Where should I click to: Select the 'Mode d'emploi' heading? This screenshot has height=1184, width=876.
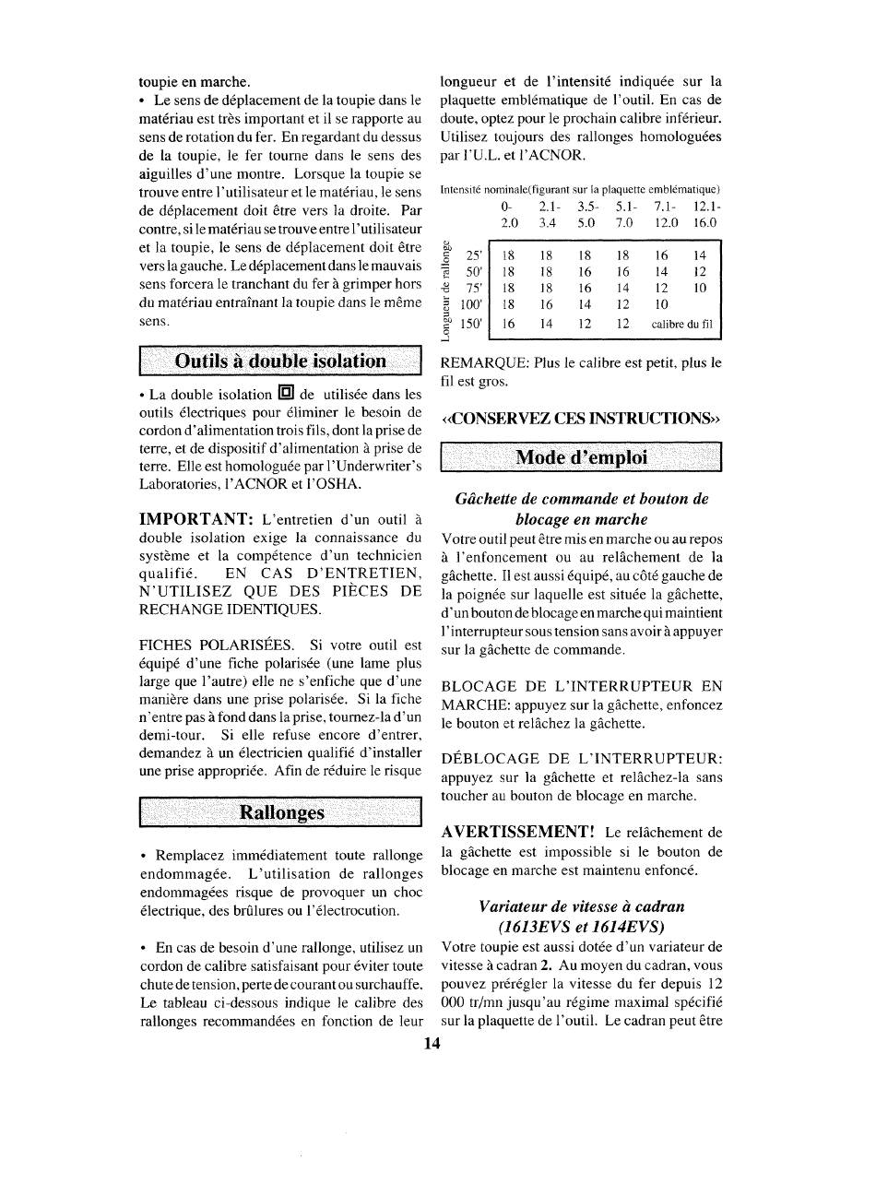tap(581, 457)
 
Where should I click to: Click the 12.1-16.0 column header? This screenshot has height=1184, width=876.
tap(704, 215)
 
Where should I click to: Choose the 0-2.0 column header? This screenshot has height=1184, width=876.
tap(509, 215)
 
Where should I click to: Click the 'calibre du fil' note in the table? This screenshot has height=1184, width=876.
tap(682, 325)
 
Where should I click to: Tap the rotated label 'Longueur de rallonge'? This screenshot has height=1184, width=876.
tap(447, 288)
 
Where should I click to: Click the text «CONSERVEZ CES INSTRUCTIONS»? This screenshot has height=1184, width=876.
tap(580, 414)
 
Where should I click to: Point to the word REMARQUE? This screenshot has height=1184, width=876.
tap(487, 362)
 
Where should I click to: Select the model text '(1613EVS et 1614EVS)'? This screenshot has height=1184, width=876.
tap(581, 926)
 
